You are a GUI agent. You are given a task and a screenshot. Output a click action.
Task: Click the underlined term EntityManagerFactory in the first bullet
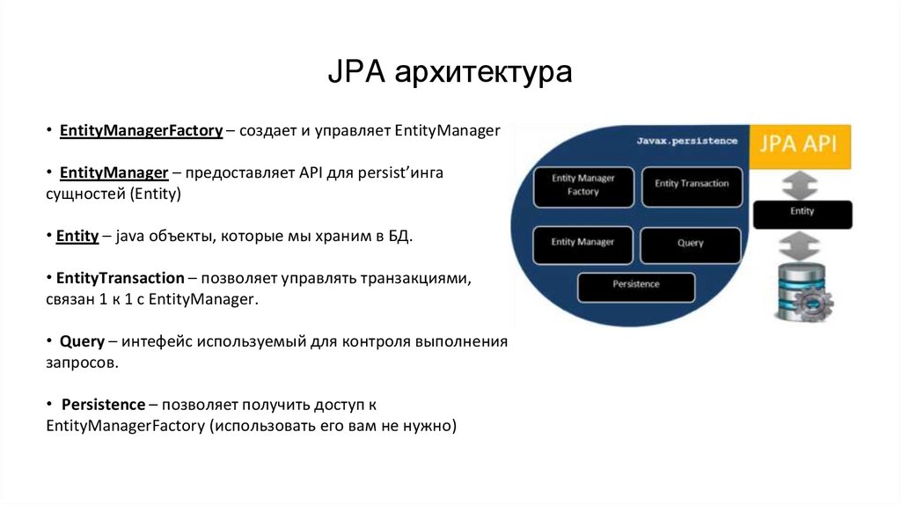click(140, 131)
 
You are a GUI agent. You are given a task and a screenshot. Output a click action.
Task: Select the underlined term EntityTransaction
click(120, 278)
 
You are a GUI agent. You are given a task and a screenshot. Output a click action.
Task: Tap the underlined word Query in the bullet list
click(83, 341)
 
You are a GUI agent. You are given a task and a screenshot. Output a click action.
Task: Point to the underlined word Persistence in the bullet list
click(103, 405)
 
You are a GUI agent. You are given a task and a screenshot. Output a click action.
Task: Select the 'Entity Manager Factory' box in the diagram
click(582, 185)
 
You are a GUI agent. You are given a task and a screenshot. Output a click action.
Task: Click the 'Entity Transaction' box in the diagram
click(692, 184)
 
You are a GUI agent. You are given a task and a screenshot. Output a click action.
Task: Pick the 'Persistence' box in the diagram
click(635, 285)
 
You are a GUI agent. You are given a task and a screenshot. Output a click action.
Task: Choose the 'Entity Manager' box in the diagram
click(582, 242)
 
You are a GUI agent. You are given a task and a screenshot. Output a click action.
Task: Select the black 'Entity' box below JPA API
click(802, 212)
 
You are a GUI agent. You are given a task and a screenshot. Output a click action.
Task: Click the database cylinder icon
click(797, 290)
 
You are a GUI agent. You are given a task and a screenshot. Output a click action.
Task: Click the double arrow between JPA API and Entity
click(802, 184)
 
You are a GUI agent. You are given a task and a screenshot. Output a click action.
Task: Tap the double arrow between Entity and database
click(802, 243)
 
